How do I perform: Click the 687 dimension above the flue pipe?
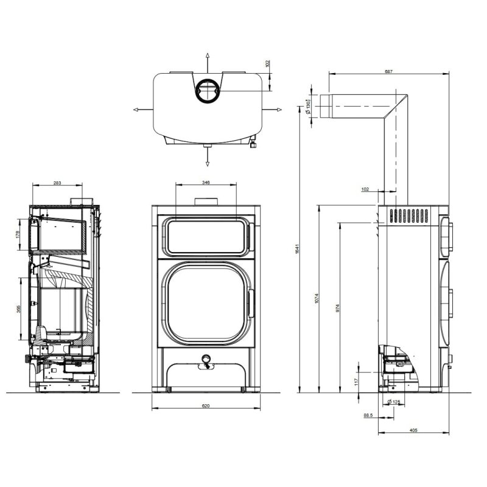click(388, 72)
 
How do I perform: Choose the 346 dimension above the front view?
click(206, 182)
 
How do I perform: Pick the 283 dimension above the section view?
click(57, 182)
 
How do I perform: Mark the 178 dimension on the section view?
click(18, 234)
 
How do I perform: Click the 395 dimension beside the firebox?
click(18, 310)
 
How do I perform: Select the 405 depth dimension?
click(413, 430)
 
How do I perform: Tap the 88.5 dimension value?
click(367, 415)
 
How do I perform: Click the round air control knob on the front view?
click(206, 359)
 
